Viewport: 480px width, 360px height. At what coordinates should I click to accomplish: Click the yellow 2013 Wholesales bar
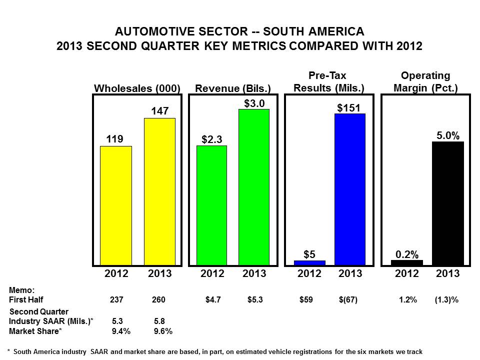click(159, 191)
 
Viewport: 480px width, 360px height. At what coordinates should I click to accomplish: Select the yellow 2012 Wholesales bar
click(116, 205)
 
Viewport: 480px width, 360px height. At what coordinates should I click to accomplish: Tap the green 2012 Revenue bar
click(211, 205)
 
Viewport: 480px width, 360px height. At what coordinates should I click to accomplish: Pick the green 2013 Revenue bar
click(254, 186)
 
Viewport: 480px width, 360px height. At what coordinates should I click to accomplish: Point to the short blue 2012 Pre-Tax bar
click(309, 262)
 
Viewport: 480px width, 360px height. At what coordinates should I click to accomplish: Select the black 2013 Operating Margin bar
click(448, 203)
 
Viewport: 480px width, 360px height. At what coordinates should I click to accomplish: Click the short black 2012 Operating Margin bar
click(407, 262)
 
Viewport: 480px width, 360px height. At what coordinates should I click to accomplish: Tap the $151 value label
click(349, 107)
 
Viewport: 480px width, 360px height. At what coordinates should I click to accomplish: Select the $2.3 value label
click(211, 139)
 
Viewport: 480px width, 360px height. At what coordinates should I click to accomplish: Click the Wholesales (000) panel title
click(137, 88)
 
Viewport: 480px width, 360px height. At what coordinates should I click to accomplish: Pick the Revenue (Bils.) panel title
click(232, 88)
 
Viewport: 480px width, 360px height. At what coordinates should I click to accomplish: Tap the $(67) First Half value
click(348, 300)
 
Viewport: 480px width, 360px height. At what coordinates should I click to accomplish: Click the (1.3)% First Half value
click(446, 300)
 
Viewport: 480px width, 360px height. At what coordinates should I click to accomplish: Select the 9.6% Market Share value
click(163, 330)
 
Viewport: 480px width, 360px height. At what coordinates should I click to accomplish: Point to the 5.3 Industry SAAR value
click(118, 321)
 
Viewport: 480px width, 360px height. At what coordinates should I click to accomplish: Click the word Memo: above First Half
click(22, 290)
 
